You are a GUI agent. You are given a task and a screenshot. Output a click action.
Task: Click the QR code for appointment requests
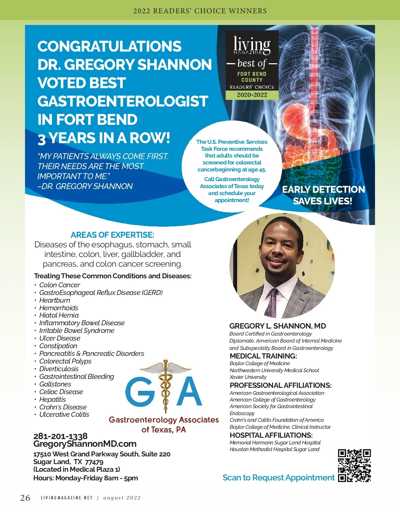(x=354, y=465)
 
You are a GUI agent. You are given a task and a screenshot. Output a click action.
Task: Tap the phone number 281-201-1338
(x=60, y=436)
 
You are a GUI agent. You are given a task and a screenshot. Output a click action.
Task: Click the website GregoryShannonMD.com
(x=85, y=444)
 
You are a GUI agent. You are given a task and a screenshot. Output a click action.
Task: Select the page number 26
(x=25, y=498)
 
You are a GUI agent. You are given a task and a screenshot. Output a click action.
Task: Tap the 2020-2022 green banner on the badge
(x=252, y=95)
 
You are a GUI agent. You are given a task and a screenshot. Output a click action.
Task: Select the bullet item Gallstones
(x=55, y=384)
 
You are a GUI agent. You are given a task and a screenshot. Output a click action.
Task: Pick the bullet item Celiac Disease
(x=61, y=392)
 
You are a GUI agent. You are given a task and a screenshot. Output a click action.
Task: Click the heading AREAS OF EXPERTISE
(x=112, y=235)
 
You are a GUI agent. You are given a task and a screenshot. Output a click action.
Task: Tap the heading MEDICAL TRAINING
(x=263, y=356)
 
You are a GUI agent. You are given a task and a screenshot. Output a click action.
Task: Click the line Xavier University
(x=248, y=377)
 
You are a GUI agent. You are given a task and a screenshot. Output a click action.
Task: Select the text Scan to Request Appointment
(x=278, y=478)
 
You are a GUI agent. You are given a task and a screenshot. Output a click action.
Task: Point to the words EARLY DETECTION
(x=323, y=189)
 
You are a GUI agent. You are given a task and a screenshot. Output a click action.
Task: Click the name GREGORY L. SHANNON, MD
(x=277, y=326)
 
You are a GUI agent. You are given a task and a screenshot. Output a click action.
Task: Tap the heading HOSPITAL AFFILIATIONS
(x=271, y=435)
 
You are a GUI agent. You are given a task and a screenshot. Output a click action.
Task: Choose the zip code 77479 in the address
(x=94, y=462)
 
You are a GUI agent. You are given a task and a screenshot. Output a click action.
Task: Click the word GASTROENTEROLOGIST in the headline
(x=123, y=101)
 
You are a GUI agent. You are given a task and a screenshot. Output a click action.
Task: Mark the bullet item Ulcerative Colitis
(x=64, y=414)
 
